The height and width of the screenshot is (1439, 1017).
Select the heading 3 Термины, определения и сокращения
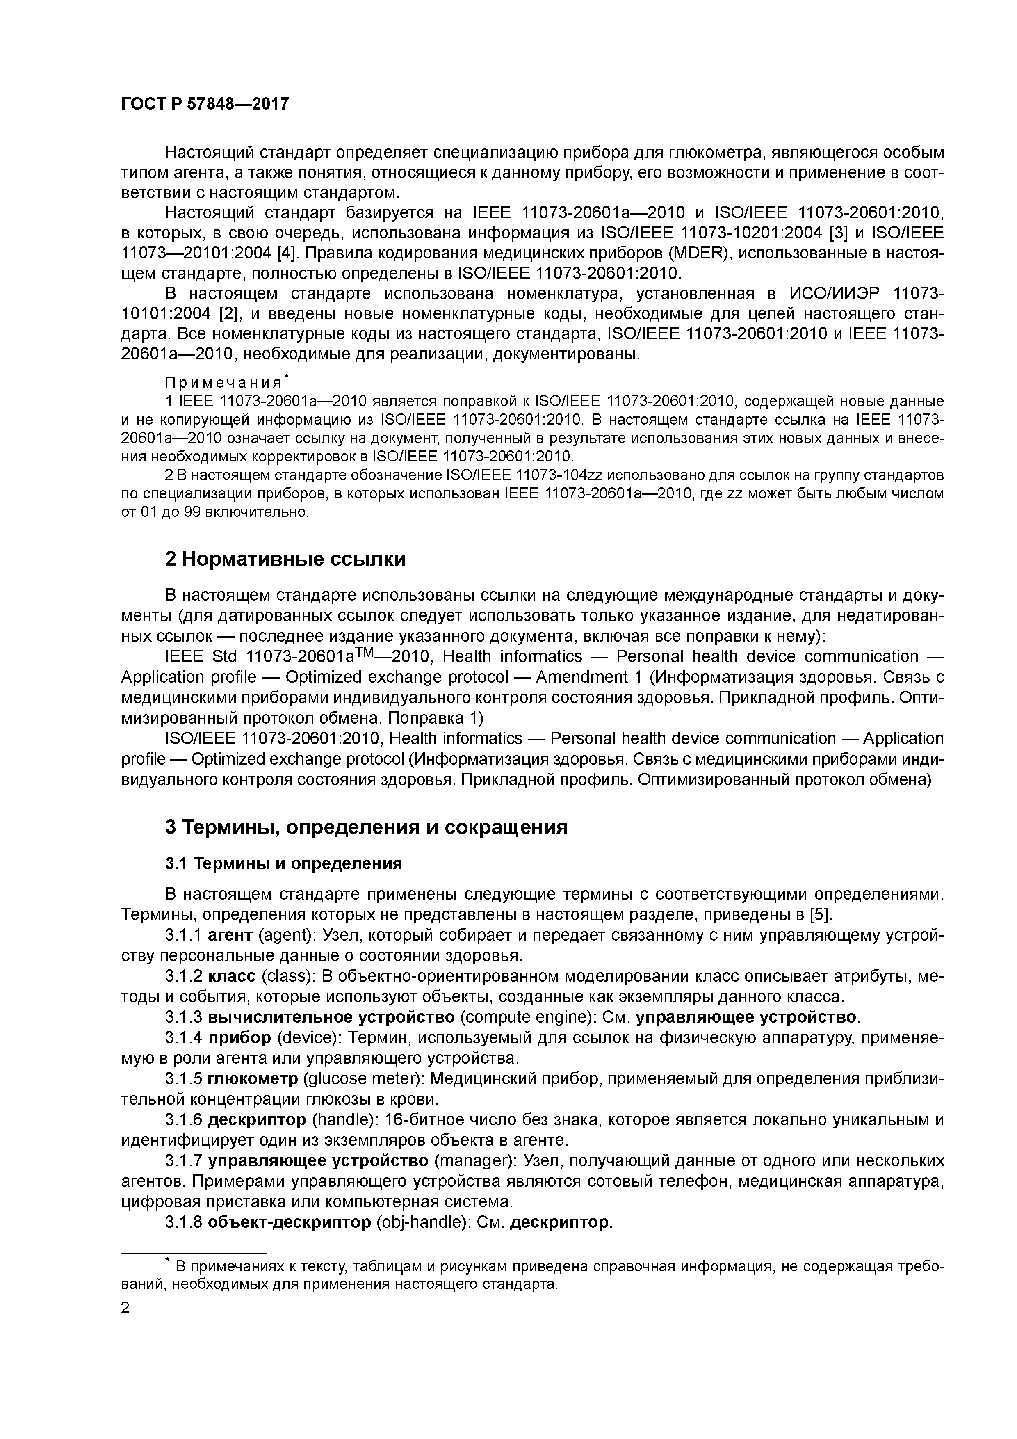366,827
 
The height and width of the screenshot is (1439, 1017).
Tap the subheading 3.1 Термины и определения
283,863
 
